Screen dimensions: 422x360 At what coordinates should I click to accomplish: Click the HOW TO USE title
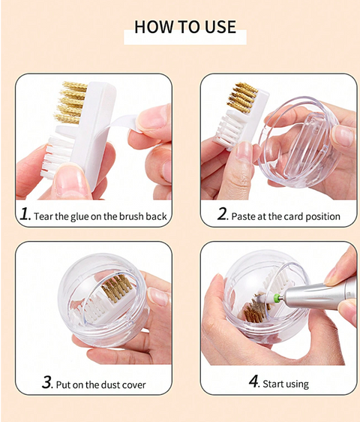click(184, 28)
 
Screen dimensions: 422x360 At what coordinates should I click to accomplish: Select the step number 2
click(222, 215)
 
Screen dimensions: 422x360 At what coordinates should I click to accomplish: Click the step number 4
click(253, 382)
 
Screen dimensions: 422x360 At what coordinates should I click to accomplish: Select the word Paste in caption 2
click(246, 216)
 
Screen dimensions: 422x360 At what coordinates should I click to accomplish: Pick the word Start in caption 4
click(274, 384)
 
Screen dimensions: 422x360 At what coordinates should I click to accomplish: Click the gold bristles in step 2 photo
click(242, 98)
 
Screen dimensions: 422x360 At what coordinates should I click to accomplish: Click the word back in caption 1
click(154, 216)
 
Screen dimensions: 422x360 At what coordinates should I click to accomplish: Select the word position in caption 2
click(322, 216)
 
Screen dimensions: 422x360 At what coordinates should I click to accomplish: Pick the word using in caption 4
click(296, 384)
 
